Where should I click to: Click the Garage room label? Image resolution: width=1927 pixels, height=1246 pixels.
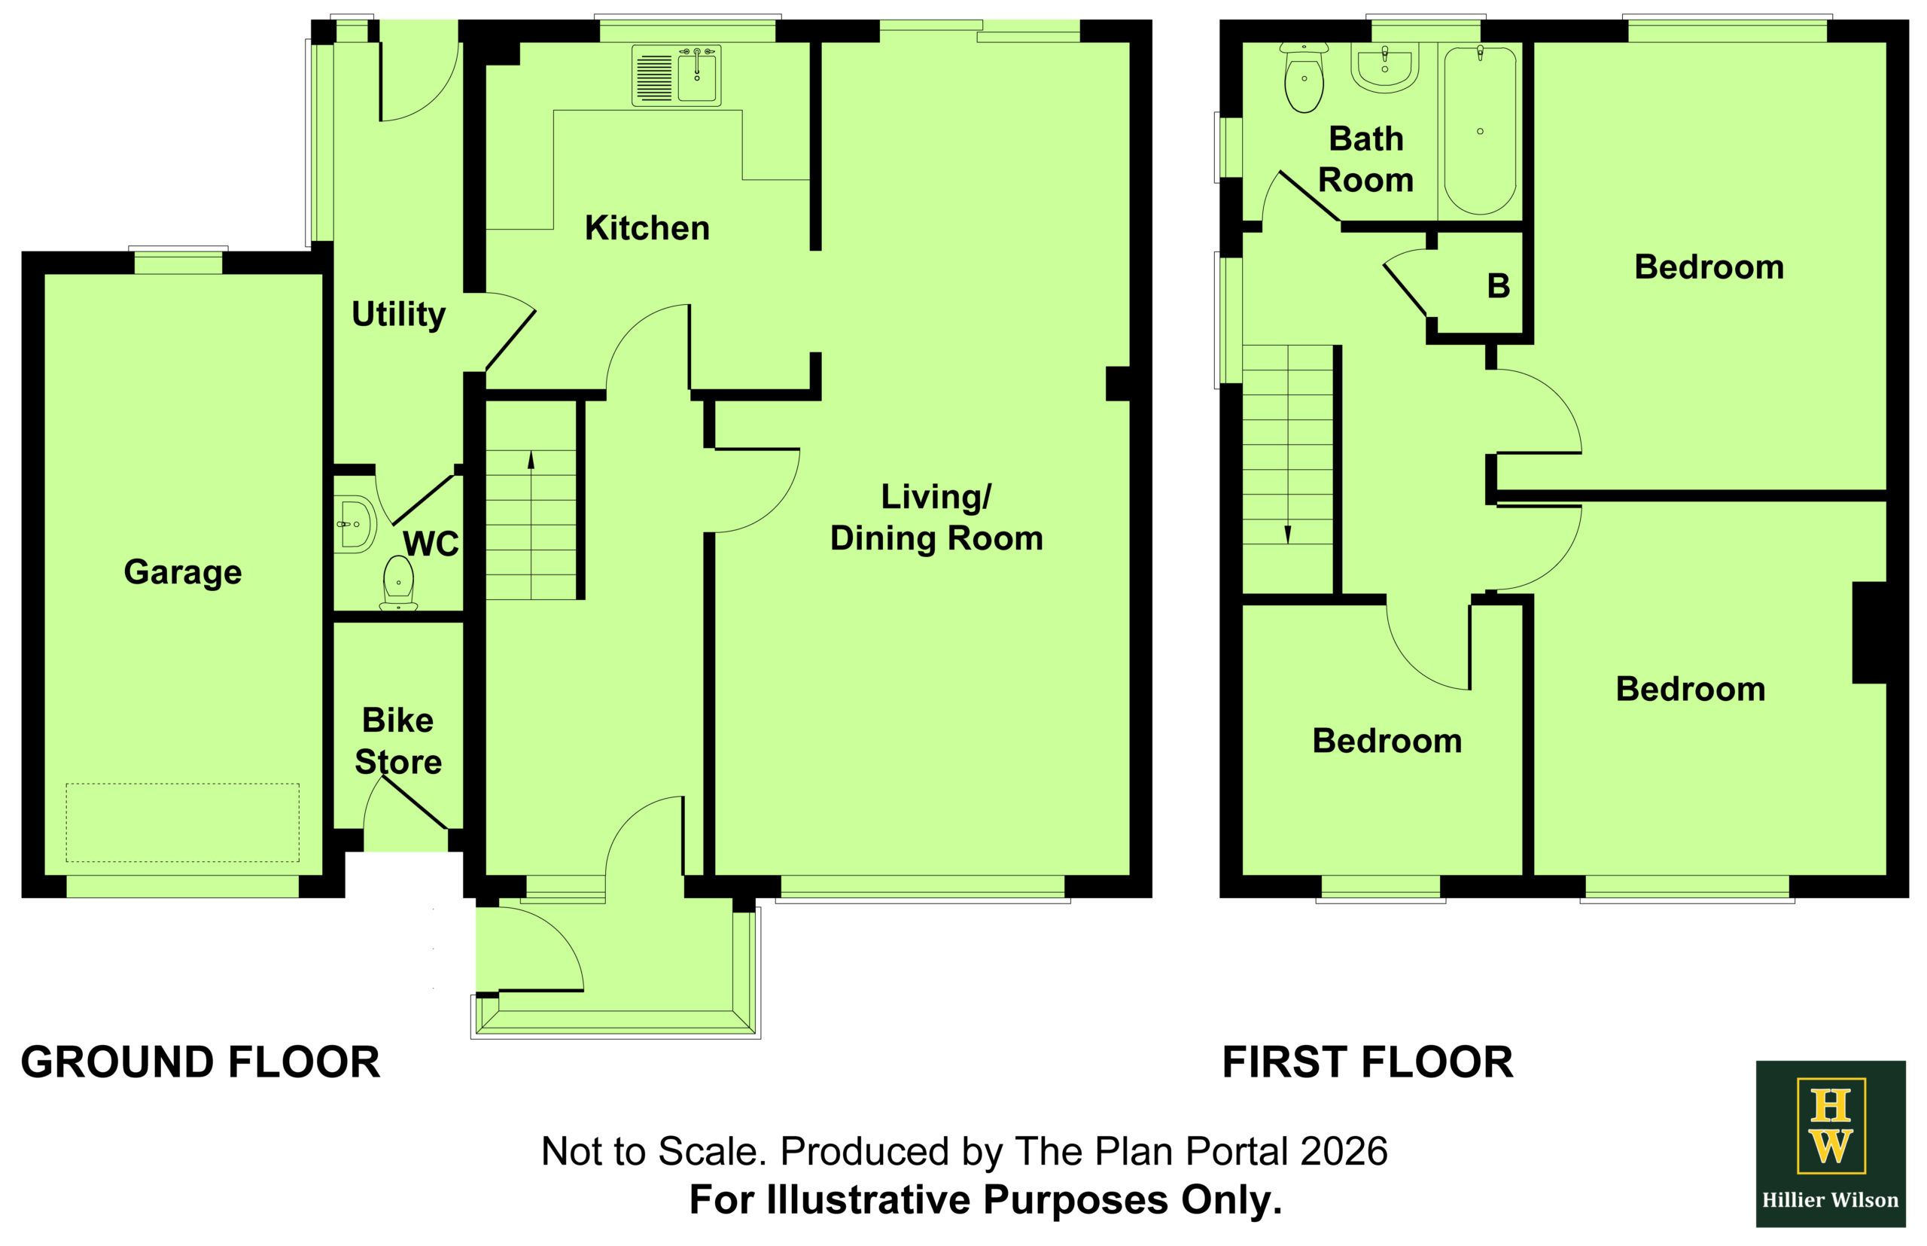183,572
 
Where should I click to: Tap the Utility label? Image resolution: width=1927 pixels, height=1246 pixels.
398,314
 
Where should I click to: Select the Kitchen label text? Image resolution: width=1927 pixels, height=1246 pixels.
647,228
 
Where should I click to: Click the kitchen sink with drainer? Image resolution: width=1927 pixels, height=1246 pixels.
675,76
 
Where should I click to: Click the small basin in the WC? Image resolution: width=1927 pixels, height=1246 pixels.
356,524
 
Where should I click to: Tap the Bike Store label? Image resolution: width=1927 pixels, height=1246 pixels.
398,741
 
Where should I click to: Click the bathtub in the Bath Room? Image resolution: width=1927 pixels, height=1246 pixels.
1480,129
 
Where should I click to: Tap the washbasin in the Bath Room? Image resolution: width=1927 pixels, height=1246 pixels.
1385,68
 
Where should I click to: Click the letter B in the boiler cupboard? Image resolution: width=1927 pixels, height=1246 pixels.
1498,285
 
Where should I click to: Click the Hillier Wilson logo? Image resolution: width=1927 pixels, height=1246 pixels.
1830,1144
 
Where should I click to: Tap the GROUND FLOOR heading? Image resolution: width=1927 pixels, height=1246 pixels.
201,1062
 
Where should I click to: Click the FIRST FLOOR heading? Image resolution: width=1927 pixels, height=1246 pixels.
1367,1062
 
